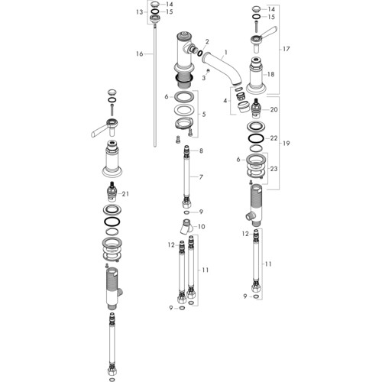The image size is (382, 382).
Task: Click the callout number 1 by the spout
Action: pyautogui.click(x=225, y=53)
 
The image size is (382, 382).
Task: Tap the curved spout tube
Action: pyautogui.click(x=224, y=67)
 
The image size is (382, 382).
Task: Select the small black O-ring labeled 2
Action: pyautogui.click(x=200, y=53)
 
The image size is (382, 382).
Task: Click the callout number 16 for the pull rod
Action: pyautogui.click(x=140, y=54)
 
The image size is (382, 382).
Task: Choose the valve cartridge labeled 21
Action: pyautogui.click(x=112, y=192)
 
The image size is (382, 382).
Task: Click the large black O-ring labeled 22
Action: pyautogui.click(x=256, y=139)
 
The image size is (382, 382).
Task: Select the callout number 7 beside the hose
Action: pyautogui.click(x=201, y=176)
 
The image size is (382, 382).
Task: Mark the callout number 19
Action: pyautogui.click(x=286, y=144)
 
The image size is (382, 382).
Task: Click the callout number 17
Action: pyautogui.click(x=286, y=49)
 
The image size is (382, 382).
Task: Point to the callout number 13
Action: pyautogui.click(x=140, y=12)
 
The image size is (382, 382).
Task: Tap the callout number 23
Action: pyautogui.click(x=274, y=169)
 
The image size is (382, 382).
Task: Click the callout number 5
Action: pyautogui.click(x=204, y=115)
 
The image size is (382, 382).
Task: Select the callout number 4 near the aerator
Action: pyautogui.click(x=225, y=101)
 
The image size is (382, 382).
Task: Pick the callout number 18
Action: pyautogui.click(x=270, y=74)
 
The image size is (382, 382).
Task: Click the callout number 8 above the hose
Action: pyautogui.click(x=201, y=151)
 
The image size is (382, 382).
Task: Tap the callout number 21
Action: pyautogui.click(x=125, y=194)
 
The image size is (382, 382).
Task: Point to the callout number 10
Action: pyautogui.click(x=201, y=226)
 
